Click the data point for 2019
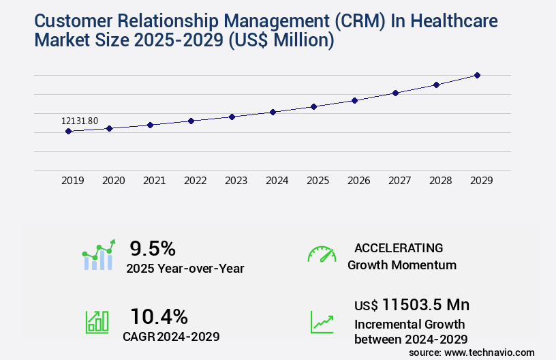click(69, 131)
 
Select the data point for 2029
click(477, 75)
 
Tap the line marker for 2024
click(273, 112)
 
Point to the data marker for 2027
click(395, 93)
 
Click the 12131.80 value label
click(80, 121)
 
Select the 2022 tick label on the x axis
click(195, 181)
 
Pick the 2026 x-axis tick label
click(358, 181)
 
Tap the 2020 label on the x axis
click(113, 181)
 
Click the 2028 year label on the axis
click(440, 181)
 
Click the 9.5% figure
click(153, 247)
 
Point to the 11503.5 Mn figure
click(425, 305)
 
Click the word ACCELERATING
click(399, 247)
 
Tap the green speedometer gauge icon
click(322, 254)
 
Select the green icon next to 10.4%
click(97, 322)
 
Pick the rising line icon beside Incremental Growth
click(322, 322)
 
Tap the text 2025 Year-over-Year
click(185, 268)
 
